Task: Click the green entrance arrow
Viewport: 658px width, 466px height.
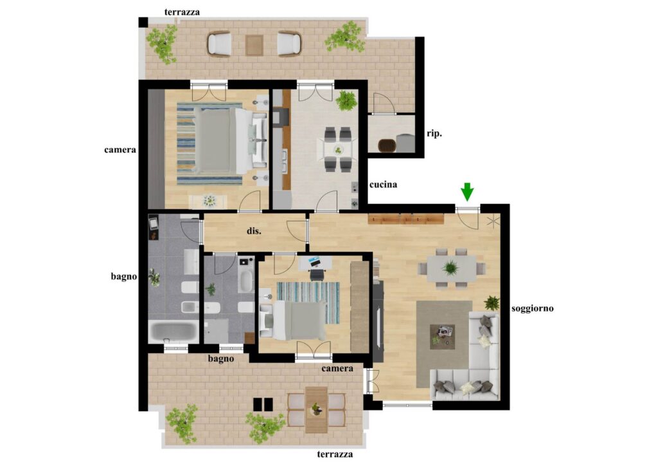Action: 467,192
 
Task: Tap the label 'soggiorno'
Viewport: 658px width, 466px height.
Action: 532,308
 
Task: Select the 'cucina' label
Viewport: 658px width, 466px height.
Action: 383,185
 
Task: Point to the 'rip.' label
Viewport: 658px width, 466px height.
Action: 434,134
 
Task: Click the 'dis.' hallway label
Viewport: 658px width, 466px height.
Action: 254,230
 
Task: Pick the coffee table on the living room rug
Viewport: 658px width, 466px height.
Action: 442,337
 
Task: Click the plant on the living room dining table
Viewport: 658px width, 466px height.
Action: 450,267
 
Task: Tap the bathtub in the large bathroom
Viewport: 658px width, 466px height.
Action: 173,331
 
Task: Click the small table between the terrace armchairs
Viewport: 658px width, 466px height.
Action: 254,44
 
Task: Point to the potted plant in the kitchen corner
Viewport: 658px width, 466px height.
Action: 346,101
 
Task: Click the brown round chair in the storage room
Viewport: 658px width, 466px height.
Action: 386,145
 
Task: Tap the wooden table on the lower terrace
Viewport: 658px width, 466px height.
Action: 316,410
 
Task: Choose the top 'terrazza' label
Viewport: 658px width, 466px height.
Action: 182,12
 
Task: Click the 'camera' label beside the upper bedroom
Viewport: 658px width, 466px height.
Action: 120,149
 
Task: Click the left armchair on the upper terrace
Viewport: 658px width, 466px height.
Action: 218,44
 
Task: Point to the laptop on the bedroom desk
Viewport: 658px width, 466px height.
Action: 314,262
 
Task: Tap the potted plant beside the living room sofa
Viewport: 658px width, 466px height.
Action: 492,303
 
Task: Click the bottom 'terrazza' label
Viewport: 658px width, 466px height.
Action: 335,454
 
